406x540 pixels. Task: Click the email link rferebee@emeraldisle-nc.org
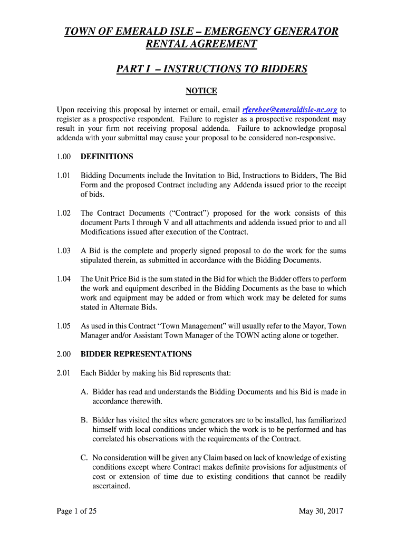[x=289, y=110]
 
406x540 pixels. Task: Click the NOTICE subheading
[x=201, y=91]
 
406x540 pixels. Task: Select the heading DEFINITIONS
[x=107, y=157]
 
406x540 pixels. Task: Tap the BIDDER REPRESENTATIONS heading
[x=136, y=354]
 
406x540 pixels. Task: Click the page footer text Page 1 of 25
[x=76, y=510]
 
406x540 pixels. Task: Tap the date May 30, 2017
[x=321, y=510]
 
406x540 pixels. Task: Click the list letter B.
[x=84, y=420]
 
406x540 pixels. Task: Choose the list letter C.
[x=84, y=458]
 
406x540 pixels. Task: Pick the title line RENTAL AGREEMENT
[x=201, y=44]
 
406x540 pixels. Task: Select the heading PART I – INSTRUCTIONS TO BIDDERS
[x=211, y=69]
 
